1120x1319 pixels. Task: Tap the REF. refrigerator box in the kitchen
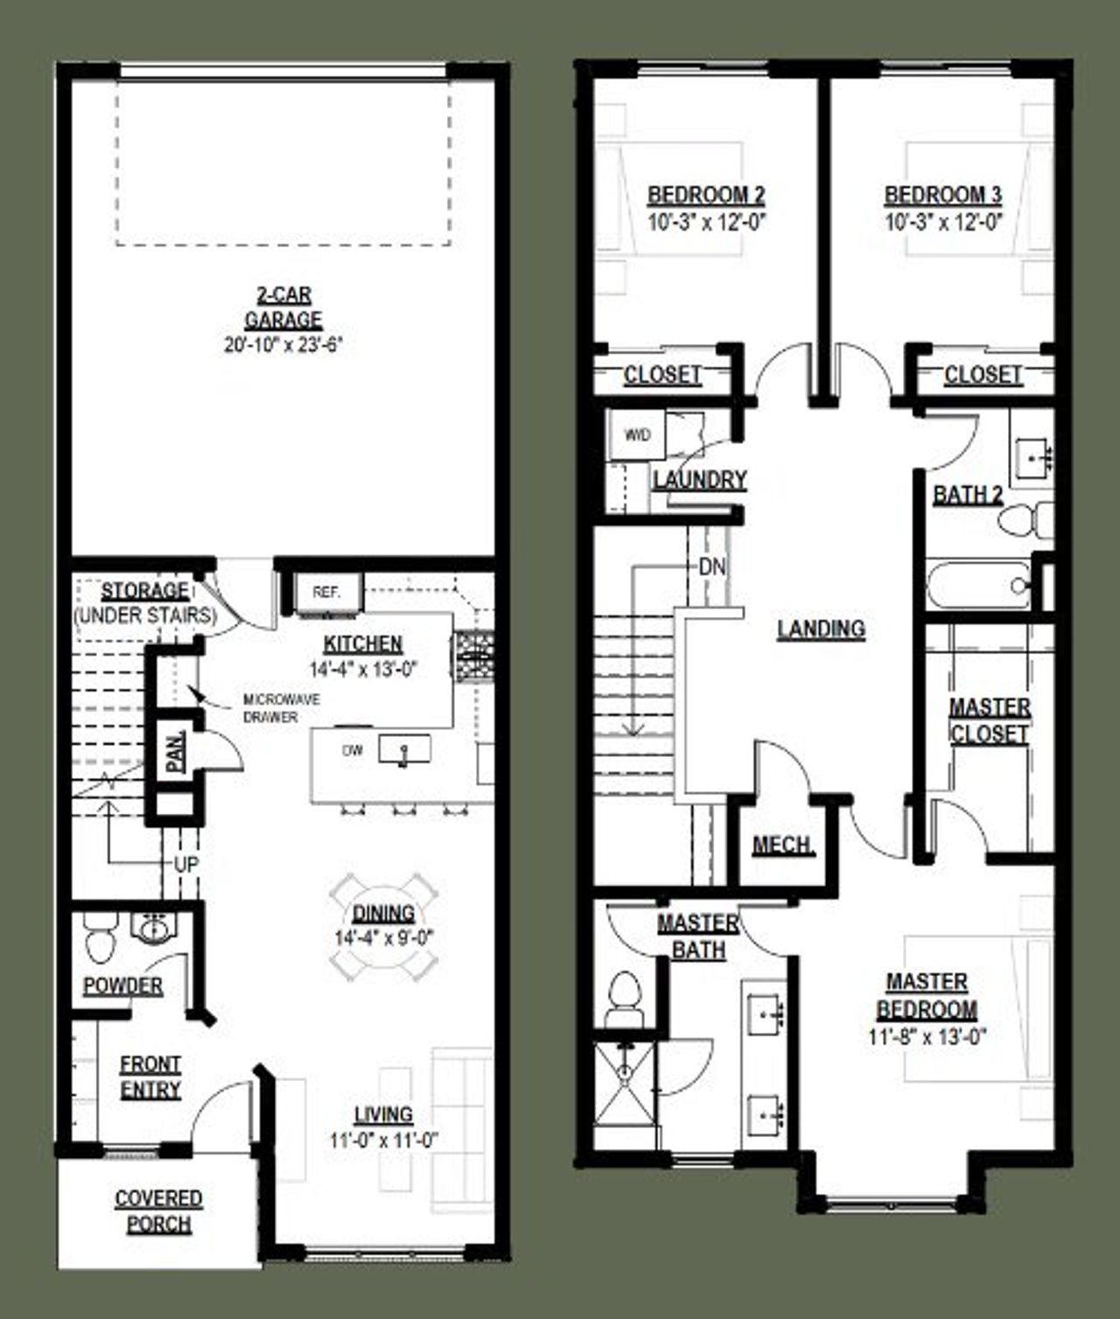coord(325,593)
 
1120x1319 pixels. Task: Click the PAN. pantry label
coord(176,752)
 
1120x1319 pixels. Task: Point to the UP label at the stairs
coord(185,864)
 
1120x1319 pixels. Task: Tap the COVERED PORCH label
coord(158,1210)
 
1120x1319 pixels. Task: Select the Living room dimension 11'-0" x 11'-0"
coord(383,1140)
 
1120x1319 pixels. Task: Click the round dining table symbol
coord(383,930)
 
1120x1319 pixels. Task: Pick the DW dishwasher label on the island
coord(353,750)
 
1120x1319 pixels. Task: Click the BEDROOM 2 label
coord(706,194)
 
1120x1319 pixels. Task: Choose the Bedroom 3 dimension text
coord(943,221)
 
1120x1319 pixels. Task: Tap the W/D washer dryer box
coord(638,435)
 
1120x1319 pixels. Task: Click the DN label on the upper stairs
coord(712,567)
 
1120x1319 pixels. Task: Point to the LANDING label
coord(821,628)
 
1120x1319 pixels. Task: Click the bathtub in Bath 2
coord(978,583)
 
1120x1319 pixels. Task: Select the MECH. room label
coord(783,845)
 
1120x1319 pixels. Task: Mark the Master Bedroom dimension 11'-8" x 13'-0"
coord(927,1036)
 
